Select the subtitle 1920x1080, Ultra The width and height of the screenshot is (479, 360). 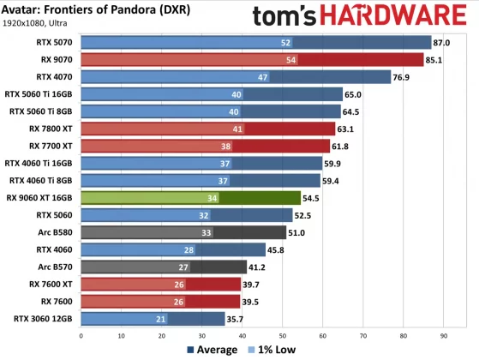pyautogui.click(x=38, y=26)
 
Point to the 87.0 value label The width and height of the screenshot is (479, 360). pyautogui.click(x=443, y=42)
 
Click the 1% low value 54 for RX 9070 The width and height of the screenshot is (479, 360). pyautogui.click(x=291, y=60)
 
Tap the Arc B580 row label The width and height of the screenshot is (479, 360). pyautogui.click(x=54, y=231)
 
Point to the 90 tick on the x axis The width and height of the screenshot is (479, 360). pyautogui.click(x=443, y=335)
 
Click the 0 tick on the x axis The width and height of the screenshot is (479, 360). pyautogui.click(x=81, y=335)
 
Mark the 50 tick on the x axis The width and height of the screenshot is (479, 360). pyautogui.click(x=282, y=335)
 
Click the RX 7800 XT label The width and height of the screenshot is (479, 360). pyautogui.click(x=51, y=129)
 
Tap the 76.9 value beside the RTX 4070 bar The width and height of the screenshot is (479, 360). pyautogui.click(x=403, y=77)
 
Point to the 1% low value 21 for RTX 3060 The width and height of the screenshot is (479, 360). pyautogui.click(x=160, y=318)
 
